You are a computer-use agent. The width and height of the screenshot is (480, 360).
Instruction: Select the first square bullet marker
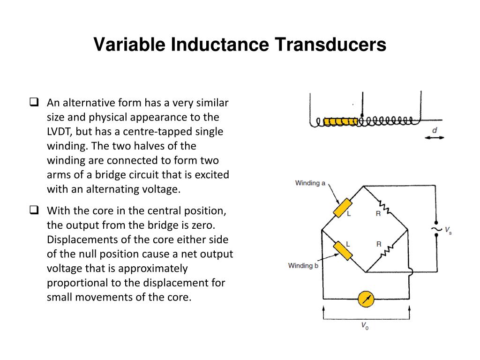click(34, 102)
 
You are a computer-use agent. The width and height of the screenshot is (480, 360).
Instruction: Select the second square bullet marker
click(34, 210)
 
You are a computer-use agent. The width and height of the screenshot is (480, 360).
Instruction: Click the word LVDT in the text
click(60, 131)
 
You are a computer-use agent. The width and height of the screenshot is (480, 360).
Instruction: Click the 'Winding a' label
click(310, 183)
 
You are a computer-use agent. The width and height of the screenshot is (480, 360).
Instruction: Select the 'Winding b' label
click(303, 266)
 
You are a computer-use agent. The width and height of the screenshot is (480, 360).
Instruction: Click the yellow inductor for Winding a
click(343, 208)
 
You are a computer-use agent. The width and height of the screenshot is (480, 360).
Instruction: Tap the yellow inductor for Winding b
click(343, 250)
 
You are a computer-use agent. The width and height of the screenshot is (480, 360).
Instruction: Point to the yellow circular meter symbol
click(366, 299)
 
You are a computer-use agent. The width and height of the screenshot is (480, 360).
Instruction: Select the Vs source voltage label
click(448, 230)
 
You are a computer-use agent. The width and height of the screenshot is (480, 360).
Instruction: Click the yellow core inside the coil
click(341, 122)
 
